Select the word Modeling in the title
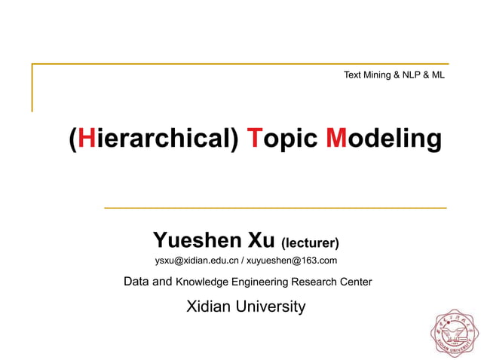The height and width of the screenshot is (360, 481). (x=384, y=139)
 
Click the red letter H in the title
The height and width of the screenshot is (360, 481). (x=85, y=139)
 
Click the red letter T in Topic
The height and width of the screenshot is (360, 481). (x=255, y=139)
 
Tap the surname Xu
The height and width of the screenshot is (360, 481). (x=261, y=240)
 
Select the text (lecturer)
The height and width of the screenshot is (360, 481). (x=310, y=243)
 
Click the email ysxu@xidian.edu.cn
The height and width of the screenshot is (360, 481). (x=197, y=261)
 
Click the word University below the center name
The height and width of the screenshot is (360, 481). (x=271, y=307)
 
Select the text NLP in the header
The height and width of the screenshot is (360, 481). (x=405, y=75)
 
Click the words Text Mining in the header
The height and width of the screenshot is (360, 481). (x=368, y=75)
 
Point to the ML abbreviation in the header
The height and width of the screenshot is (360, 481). (x=437, y=75)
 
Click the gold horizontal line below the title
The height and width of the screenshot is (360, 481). (x=274, y=207)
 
